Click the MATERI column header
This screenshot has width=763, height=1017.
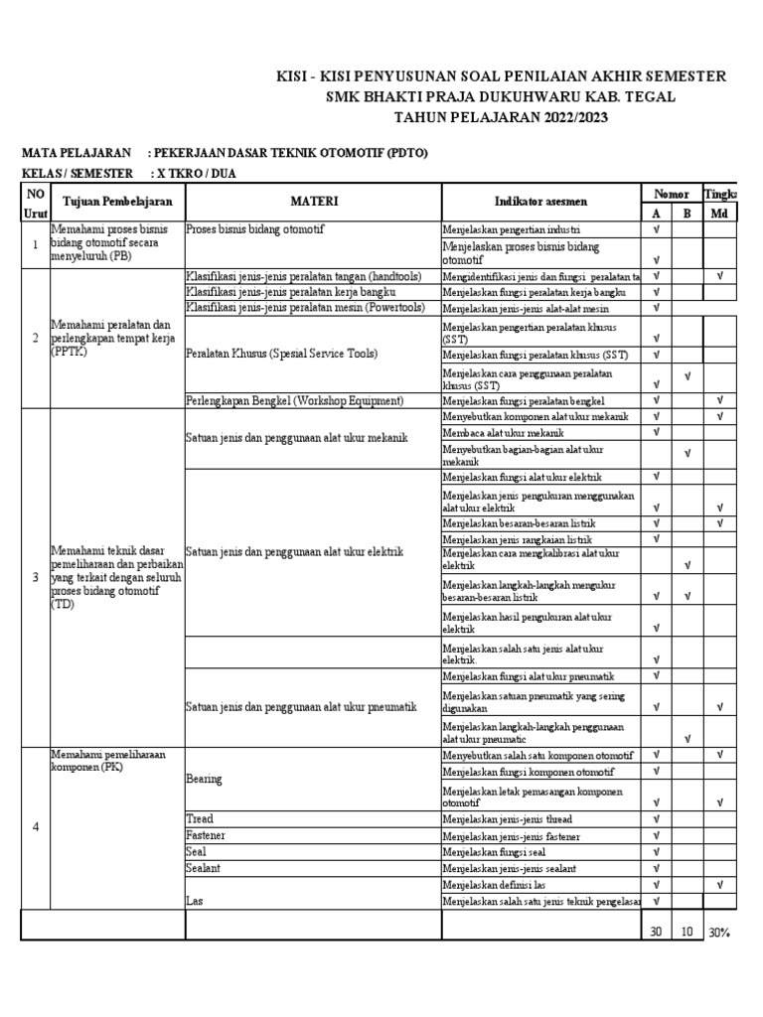pos(314,202)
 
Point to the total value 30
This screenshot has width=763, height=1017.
pos(656,932)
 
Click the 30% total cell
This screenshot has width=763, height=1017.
pos(719,932)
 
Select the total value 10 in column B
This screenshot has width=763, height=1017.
pos(687,932)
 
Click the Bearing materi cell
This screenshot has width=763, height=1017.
pos(204,780)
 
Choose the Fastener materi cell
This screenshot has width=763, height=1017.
pos(207,836)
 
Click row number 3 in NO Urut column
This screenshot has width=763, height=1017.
pos(36,577)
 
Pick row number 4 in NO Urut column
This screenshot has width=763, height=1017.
pos(36,828)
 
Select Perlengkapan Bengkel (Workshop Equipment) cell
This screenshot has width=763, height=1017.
pos(295,400)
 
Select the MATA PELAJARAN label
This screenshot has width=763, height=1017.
pos(76,153)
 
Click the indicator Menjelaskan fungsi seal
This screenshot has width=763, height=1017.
pos(494,852)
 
